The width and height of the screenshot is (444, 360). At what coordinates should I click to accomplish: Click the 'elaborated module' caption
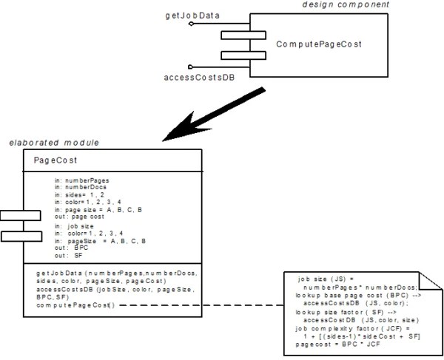(x=44, y=142)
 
